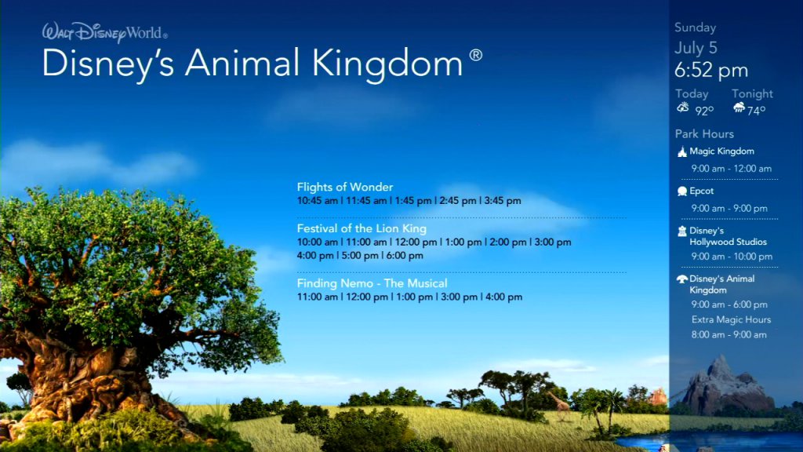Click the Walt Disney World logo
[104, 32]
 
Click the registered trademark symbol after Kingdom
[476, 55]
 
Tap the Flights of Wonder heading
[345, 187]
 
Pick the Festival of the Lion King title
[362, 228]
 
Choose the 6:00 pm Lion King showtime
[405, 256]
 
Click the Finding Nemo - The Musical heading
[372, 283]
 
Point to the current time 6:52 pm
[710, 70]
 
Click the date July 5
[696, 48]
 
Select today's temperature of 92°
[704, 111]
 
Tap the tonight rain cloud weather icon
[739, 107]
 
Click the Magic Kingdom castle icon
[682, 151]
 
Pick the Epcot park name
[701, 191]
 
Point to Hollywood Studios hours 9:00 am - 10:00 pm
[732, 257]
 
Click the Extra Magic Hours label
[731, 320]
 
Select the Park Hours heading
[704, 133]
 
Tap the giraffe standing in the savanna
[560, 405]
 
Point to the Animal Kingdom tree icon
[682, 279]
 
